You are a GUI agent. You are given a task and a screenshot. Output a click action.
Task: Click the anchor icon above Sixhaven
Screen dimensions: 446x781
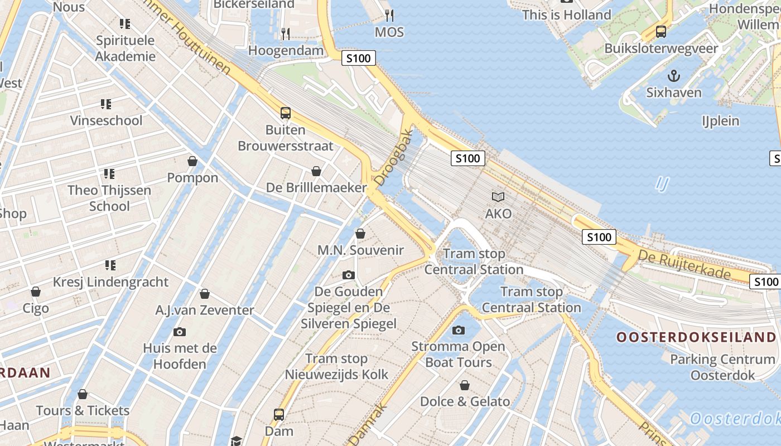(674, 75)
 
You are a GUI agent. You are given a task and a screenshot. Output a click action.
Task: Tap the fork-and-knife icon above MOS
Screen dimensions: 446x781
(389, 15)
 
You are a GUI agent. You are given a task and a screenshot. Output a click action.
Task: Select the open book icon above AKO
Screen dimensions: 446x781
(498, 197)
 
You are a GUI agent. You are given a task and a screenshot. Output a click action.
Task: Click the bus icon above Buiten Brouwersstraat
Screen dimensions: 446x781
(286, 113)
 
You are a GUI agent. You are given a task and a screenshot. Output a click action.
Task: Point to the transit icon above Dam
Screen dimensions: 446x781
(279, 415)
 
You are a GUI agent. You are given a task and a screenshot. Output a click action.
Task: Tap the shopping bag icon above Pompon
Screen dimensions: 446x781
(192, 161)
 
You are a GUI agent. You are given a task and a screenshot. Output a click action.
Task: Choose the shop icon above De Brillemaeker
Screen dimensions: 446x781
(316, 171)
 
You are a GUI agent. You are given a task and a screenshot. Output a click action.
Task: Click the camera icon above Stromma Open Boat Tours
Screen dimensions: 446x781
(459, 330)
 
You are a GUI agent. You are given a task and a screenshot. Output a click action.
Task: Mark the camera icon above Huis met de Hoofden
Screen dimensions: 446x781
(180, 332)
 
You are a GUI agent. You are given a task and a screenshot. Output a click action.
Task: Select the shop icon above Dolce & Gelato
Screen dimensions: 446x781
(464, 385)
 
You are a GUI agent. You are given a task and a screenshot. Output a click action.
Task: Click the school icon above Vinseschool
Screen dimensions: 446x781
(106, 104)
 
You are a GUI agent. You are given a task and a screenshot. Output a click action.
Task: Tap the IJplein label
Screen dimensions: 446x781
(720, 121)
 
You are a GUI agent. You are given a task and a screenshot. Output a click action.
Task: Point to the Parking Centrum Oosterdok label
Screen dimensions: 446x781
(722, 367)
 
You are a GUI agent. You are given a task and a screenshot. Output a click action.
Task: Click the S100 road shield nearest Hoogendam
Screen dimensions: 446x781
(358, 58)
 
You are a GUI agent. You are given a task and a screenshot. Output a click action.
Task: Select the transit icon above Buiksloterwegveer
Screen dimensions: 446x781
(661, 32)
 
